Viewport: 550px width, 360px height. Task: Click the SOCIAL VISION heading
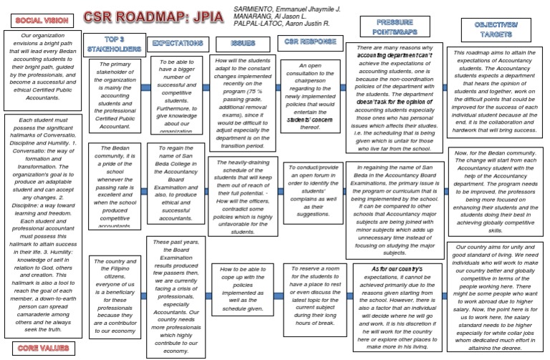[37, 22]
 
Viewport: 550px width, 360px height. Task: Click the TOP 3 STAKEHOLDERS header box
[110, 45]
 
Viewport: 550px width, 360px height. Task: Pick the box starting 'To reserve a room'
[305, 293]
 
